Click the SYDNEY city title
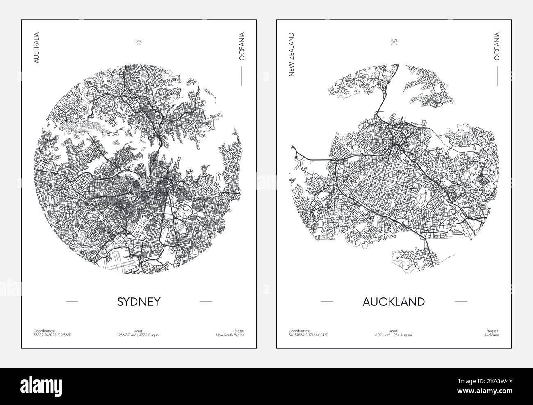pyautogui.click(x=139, y=302)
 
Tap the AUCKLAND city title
pyautogui.click(x=394, y=302)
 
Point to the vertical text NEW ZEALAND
pyautogui.click(x=292, y=55)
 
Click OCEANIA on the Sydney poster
pyautogui.click(x=242, y=47)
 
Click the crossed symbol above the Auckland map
pyautogui.click(x=394, y=41)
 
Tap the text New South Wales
pyautogui.click(x=230, y=335)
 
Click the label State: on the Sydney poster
pyautogui.click(x=239, y=330)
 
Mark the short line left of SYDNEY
pyautogui.click(x=72, y=302)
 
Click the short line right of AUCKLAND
pyautogui.click(x=461, y=302)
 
